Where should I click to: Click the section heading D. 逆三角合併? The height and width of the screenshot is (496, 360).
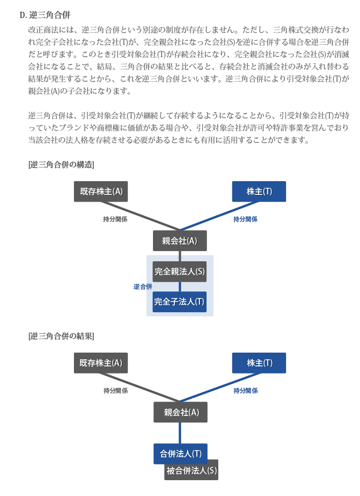tap(45, 15)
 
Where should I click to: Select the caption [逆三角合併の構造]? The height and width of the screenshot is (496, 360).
tap(61, 164)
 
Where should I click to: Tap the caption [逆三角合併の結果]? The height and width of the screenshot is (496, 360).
tap(61, 336)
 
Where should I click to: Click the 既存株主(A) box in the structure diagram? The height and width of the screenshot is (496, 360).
tap(101, 191)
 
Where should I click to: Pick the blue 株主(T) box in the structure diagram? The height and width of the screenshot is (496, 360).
tap(259, 191)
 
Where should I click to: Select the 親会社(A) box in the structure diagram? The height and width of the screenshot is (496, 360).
tap(180, 241)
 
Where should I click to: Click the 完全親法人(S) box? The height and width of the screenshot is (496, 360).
tap(179, 271)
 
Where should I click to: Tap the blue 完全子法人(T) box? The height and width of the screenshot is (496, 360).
tap(179, 302)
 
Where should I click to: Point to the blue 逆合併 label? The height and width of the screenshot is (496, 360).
tap(143, 287)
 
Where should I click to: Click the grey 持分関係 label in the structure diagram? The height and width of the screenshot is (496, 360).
tap(115, 219)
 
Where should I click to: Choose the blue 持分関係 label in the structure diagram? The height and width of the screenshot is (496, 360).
tap(245, 219)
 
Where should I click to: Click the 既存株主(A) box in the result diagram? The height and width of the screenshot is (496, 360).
tap(101, 363)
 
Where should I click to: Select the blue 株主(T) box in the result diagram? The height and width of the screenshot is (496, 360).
tap(259, 363)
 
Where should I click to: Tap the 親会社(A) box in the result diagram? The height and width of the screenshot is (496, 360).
tap(181, 412)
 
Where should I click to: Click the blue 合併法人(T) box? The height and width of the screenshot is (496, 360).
tap(181, 454)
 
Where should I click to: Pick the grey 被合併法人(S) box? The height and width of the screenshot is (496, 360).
tap(191, 470)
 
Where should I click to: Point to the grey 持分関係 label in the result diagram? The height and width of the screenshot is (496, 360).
tap(116, 391)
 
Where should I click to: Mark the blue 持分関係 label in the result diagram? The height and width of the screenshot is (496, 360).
tap(246, 391)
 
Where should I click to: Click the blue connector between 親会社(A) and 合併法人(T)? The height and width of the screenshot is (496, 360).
tap(180, 433)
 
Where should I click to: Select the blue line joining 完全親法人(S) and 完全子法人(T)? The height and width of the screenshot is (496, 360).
tap(180, 287)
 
